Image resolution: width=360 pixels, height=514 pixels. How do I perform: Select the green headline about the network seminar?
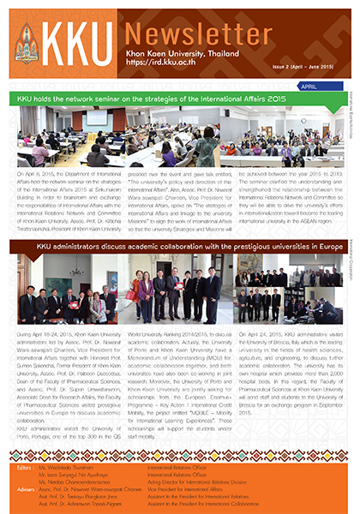[x=159, y=99]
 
